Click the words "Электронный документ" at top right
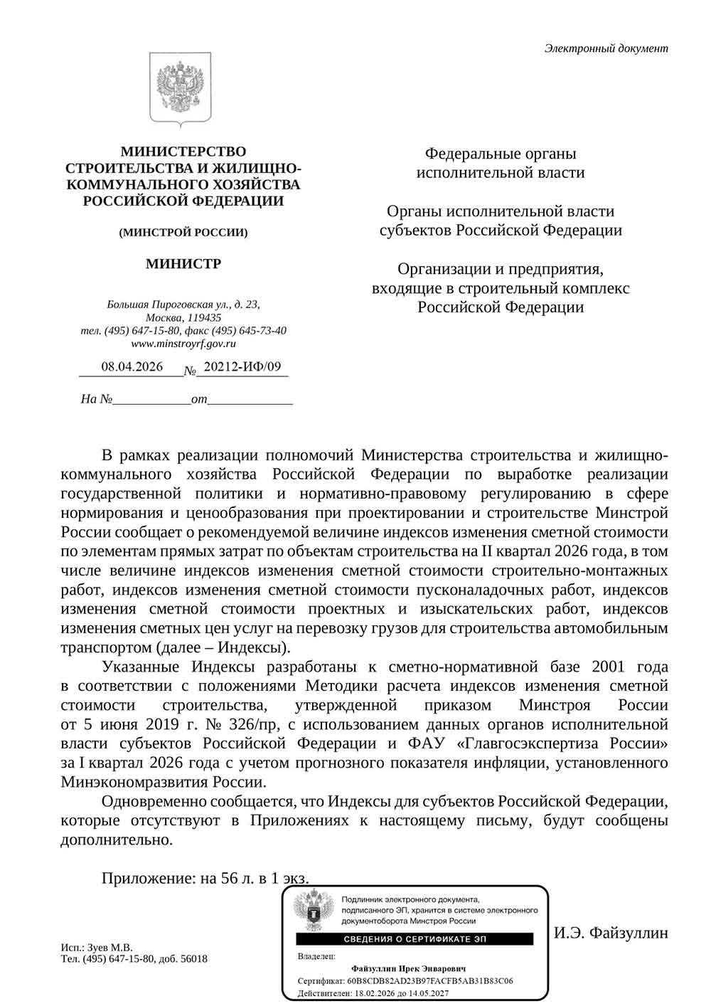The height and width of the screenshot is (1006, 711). pos(606,48)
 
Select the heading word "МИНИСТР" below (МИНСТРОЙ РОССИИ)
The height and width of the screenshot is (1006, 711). pos(183,264)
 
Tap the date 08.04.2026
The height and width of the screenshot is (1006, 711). pos(132,367)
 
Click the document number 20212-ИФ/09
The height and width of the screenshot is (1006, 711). pos(242,367)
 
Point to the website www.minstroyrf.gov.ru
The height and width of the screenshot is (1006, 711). pos(183,344)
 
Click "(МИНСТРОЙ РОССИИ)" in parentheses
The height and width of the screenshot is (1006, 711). pos(183,232)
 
